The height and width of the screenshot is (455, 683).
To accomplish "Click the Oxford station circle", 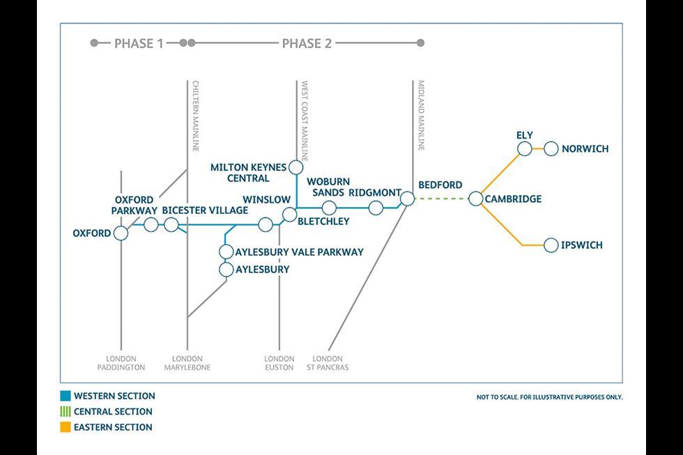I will pos(121,233).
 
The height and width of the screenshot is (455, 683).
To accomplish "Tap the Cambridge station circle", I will pos(475,199).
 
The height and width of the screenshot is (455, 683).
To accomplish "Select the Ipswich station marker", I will pos(551,245).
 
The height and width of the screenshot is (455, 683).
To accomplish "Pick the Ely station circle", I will pos(525,148).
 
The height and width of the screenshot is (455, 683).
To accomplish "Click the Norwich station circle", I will pos(551,148).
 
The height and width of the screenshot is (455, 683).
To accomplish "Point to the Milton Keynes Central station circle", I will pos(296,167).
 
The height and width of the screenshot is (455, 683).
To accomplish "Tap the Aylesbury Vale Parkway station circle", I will pos(227,252).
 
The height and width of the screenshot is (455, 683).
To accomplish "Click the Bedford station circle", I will pos(408,199).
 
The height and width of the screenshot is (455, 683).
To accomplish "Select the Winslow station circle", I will pos(265,224).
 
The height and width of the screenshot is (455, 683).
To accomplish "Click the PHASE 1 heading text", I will pos(139,43).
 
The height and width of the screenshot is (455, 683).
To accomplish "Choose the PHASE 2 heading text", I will pos(307,43).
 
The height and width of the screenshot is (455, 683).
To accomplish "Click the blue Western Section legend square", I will pos(66,396).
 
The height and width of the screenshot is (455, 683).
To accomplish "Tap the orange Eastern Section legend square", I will pos(66,427).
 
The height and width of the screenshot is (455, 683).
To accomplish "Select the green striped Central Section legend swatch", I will pos(66,412).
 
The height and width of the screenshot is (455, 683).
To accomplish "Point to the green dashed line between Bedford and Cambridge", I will pos(441,199).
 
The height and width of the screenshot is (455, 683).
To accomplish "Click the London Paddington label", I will pos(121,363).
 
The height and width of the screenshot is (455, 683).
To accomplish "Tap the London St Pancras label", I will pos(328,363).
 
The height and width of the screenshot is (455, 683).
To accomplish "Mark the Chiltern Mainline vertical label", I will pos(196,114).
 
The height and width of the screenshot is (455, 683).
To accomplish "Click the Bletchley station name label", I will pos(323,222).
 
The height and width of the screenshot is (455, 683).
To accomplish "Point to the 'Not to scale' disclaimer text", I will pos(549,397).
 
